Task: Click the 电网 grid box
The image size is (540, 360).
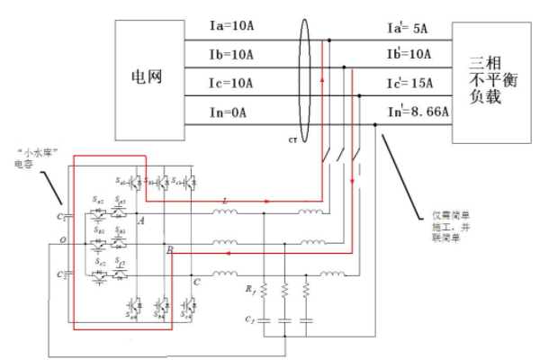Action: pyautogui.click(x=148, y=76)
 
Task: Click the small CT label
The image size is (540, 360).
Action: pyautogui.click(x=292, y=140)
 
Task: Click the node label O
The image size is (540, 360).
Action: pyautogui.click(x=60, y=240)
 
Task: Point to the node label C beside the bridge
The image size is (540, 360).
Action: pyautogui.click(x=194, y=282)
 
